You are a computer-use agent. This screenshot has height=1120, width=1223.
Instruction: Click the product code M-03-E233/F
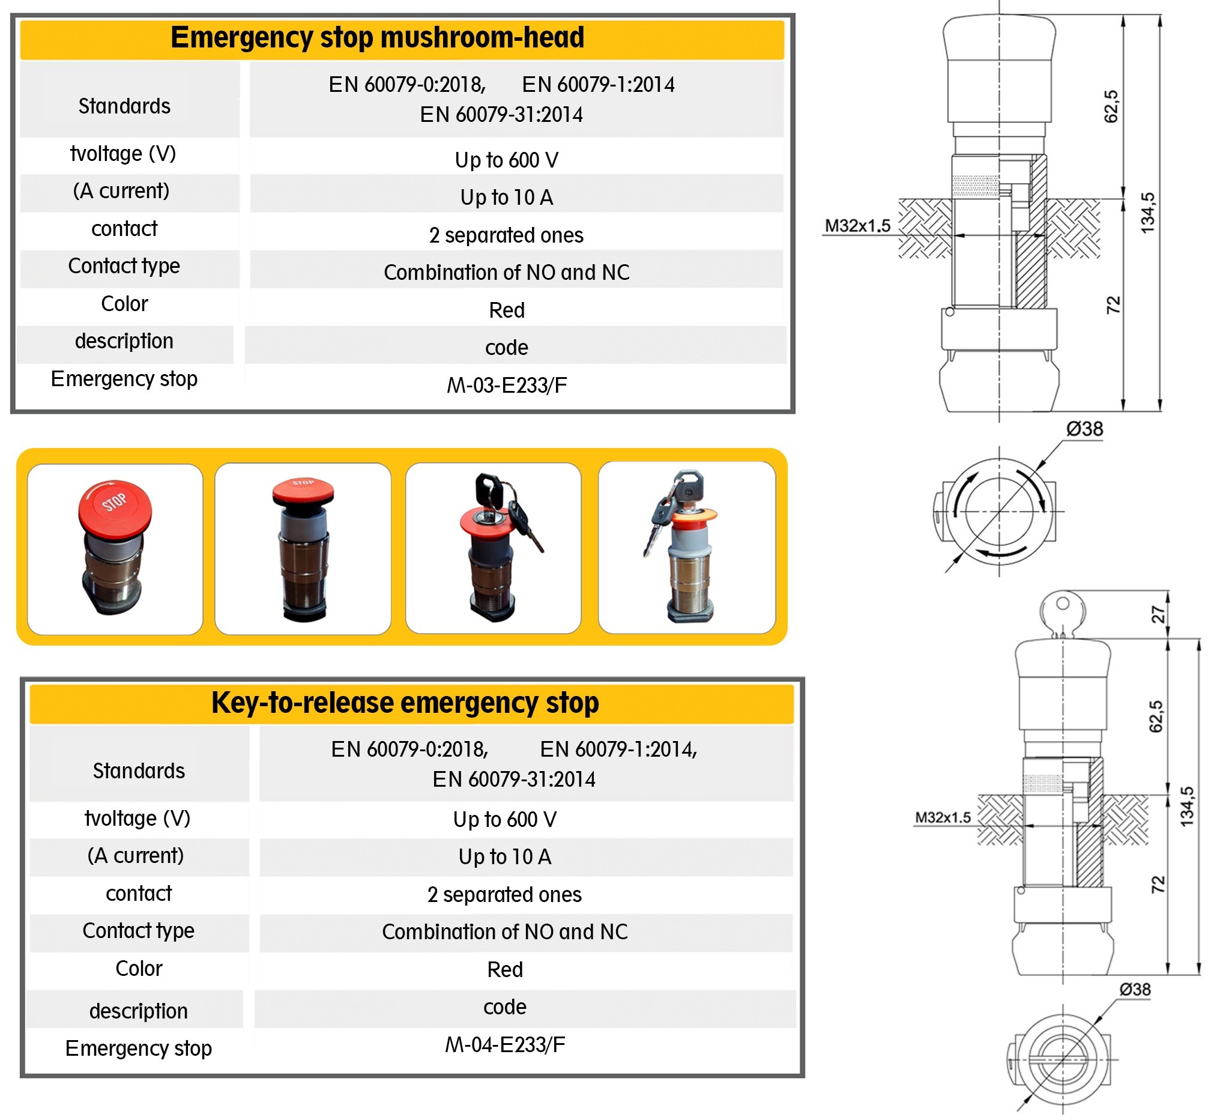pos(507,386)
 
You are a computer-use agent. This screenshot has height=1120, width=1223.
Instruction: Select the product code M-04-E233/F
pos(505,1044)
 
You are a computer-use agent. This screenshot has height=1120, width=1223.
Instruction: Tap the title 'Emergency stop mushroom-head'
pos(377,38)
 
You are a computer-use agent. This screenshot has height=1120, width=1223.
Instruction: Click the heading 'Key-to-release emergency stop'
pos(405,703)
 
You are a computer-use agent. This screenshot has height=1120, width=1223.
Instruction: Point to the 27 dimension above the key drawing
pos(1158,614)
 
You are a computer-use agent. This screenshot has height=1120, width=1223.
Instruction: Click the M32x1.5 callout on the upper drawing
pos(857,226)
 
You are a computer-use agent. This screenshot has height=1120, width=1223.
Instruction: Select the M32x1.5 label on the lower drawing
pos(942,817)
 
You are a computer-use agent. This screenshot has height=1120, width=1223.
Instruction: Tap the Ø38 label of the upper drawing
pos(1084,429)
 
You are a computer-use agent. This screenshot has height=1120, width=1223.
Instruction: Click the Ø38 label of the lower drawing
pos(1134,990)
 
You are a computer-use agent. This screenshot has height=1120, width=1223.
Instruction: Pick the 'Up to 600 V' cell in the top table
pos(507,160)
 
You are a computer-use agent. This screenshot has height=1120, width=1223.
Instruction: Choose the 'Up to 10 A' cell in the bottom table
pos(505,857)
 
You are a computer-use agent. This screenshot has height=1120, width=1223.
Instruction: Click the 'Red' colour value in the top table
pos(507,310)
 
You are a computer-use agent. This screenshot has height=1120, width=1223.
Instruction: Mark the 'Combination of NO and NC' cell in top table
pos(507,273)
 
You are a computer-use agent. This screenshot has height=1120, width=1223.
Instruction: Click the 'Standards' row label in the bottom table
pos(138,770)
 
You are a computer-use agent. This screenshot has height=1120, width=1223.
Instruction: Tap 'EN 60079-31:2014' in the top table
pos(501,115)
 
